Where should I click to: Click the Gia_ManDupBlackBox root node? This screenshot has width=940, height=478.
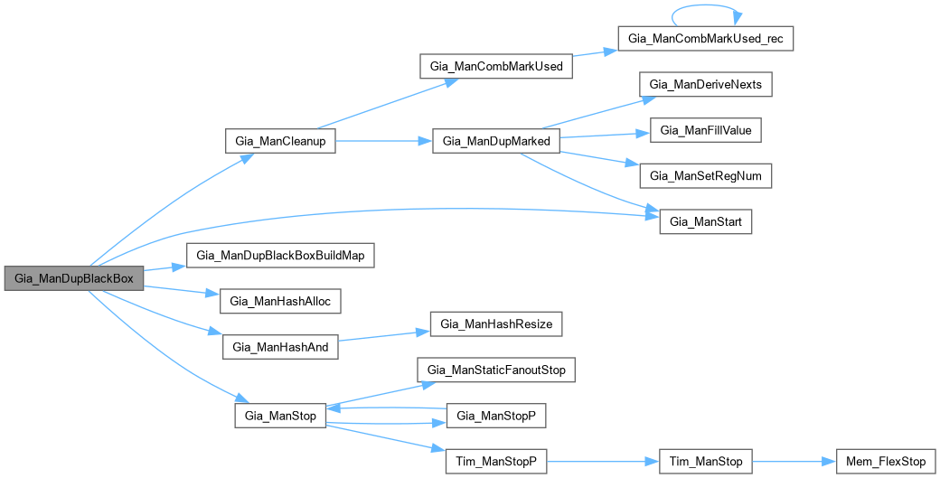74,278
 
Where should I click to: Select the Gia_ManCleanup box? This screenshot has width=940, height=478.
280,141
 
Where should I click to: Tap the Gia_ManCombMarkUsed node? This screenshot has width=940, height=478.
496,67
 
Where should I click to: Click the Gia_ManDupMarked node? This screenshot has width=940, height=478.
497,141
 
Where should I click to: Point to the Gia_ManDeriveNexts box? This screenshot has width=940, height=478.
706,85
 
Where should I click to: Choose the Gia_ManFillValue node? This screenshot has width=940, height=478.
706,130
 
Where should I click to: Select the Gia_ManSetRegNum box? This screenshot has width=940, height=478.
706,175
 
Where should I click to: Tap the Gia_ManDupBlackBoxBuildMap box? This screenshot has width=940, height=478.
280,255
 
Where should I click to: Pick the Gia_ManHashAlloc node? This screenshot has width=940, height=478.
280,301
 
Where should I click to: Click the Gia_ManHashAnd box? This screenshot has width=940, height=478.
280,346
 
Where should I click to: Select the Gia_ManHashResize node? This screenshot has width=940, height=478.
496,323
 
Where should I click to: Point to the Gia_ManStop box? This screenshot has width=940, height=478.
280,416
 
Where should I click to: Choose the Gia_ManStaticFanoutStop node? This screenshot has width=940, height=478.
496,370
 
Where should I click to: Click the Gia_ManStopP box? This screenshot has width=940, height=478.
496,416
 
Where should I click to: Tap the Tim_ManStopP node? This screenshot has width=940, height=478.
496,461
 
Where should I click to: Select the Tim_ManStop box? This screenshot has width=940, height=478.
706,461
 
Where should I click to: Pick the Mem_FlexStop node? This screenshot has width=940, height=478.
885,461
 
